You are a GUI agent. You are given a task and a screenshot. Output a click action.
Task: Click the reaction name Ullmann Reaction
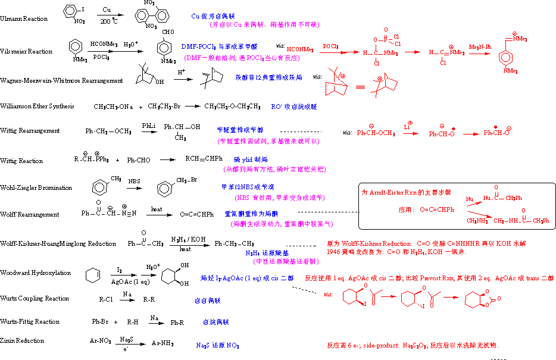(24, 19)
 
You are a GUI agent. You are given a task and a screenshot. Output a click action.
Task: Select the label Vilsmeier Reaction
(26, 52)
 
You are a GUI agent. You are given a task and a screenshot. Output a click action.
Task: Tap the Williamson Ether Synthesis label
(37, 106)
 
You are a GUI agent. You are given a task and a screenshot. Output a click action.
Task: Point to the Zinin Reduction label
(23, 340)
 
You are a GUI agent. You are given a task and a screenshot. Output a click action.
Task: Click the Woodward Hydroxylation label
(35, 273)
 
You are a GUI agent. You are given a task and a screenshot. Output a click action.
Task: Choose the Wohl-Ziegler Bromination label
(36, 187)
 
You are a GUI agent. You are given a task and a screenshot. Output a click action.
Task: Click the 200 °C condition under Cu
(110, 21)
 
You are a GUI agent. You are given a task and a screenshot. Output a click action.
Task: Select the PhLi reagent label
(149, 126)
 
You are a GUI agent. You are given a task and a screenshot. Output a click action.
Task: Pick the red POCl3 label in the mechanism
(331, 46)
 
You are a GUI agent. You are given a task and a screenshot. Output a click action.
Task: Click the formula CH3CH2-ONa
(113, 107)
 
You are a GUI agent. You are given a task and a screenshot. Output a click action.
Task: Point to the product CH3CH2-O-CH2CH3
(232, 107)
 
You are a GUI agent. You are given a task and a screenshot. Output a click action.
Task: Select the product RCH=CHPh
(204, 158)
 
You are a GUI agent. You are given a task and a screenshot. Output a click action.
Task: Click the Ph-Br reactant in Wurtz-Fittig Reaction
(100, 322)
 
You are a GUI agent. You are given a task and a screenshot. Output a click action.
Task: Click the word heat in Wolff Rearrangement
(157, 209)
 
